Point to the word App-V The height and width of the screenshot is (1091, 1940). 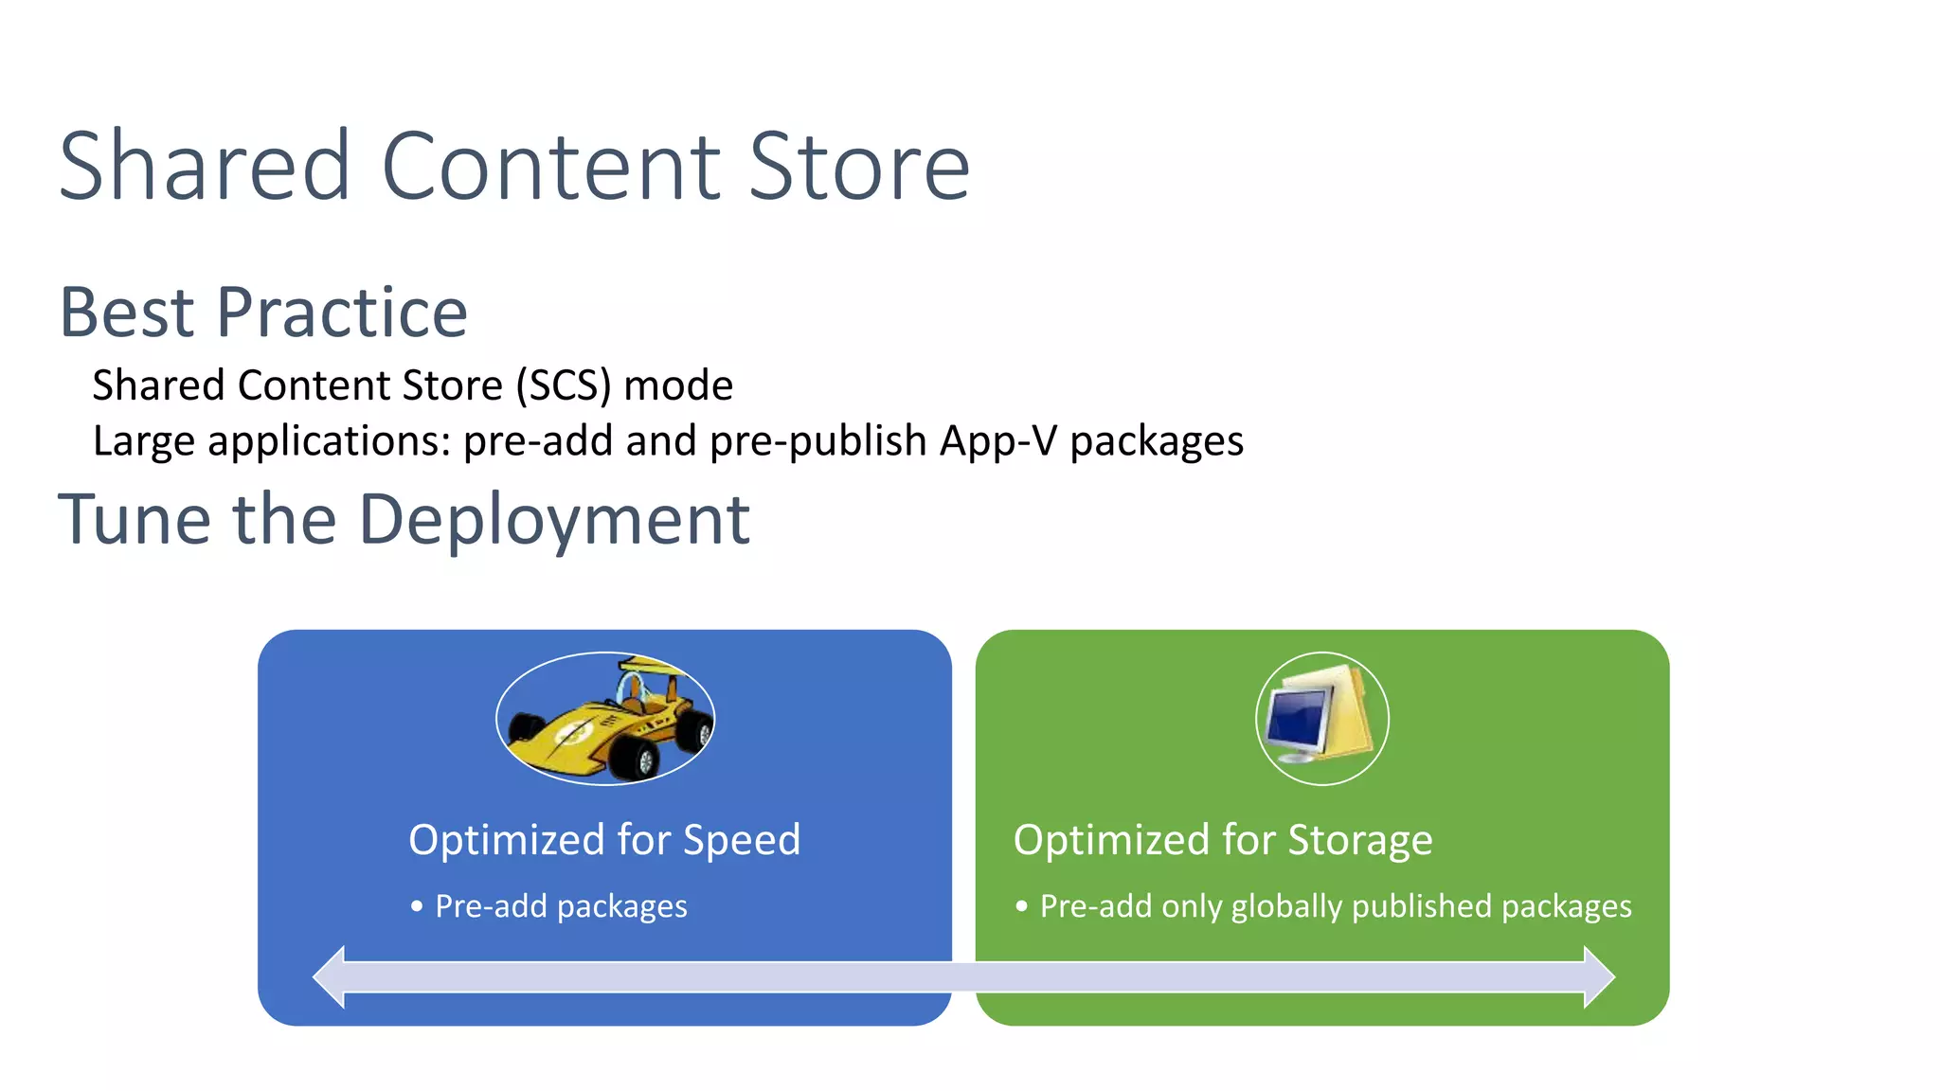[x=997, y=440]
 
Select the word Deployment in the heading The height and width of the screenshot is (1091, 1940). [x=554, y=520]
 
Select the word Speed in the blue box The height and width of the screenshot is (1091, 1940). [x=742, y=840]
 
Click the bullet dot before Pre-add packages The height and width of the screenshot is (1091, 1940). [x=417, y=906]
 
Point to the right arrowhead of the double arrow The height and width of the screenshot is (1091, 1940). [x=1599, y=976]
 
